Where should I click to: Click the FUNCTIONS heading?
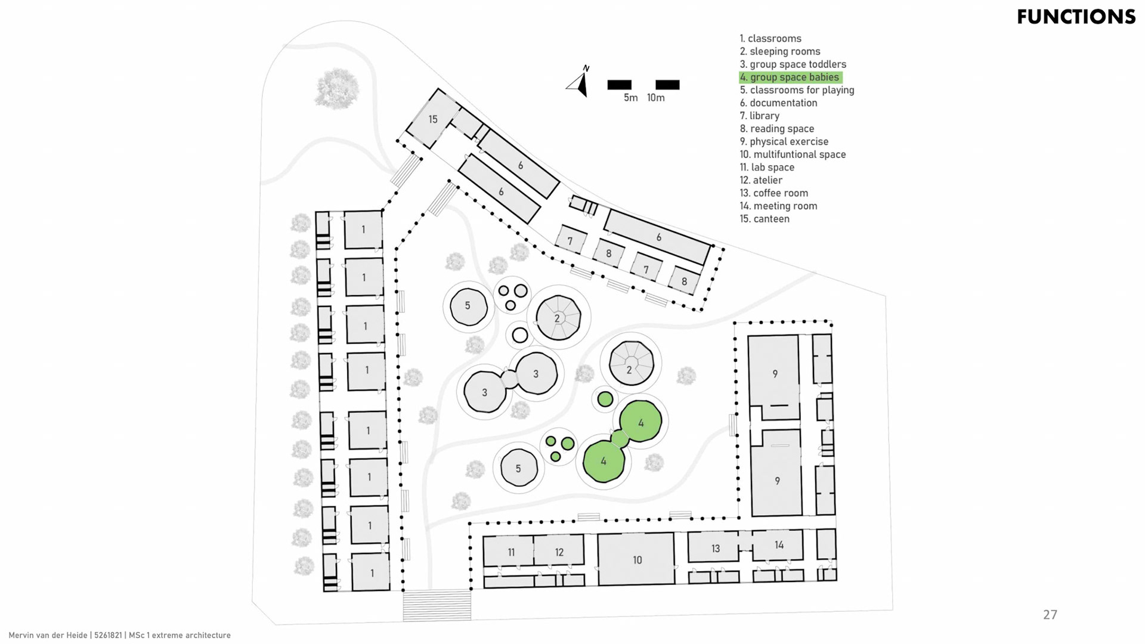pyautogui.click(x=1076, y=17)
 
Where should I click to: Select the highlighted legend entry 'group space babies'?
pyautogui.click(x=790, y=78)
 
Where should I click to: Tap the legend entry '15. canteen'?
pyautogui.click(x=765, y=219)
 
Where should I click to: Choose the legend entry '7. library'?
pyautogui.click(x=759, y=116)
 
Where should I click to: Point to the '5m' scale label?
pyautogui.click(x=630, y=98)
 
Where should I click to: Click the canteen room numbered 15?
pyautogui.click(x=433, y=119)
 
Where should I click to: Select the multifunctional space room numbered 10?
pyautogui.click(x=637, y=560)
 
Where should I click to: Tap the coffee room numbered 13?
pyautogui.click(x=715, y=548)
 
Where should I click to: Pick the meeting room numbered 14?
pyautogui.click(x=778, y=545)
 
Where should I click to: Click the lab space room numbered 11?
pyautogui.click(x=510, y=552)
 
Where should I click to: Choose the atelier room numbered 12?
pyautogui.click(x=559, y=552)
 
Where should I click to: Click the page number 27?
pyautogui.click(x=1050, y=615)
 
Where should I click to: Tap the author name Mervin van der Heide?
pyautogui.click(x=48, y=636)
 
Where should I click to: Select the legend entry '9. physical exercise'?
pyautogui.click(x=784, y=142)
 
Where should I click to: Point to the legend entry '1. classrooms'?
pyautogui.click(x=770, y=39)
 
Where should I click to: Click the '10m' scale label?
pyautogui.click(x=655, y=98)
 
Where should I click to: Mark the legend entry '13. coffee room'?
pyautogui.click(x=773, y=193)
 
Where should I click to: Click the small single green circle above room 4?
pyautogui.click(x=605, y=399)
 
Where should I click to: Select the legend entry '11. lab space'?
pyautogui.click(x=767, y=168)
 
